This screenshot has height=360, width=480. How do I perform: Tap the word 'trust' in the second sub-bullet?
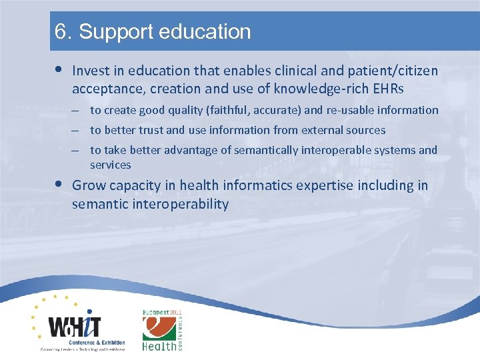151,131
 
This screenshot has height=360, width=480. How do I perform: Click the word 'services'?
111,165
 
